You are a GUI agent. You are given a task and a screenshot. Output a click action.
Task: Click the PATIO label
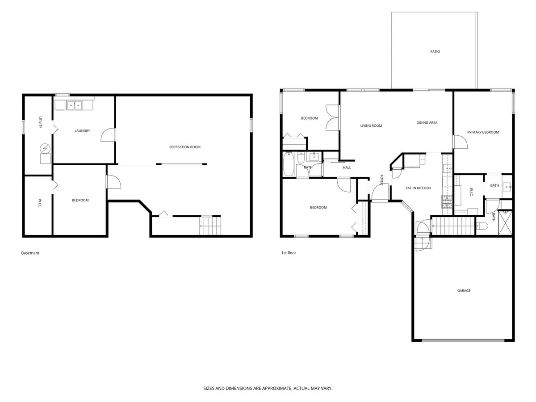tap(435, 51)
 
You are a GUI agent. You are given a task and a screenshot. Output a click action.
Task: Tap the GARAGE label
tap(464, 290)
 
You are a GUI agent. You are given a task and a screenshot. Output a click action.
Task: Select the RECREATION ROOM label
tap(185, 147)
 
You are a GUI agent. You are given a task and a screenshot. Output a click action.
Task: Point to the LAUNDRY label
tap(82, 131)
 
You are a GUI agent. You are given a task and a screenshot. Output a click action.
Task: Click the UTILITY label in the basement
tap(40, 122)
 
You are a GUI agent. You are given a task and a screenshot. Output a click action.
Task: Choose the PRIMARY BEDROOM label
tap(483, 132)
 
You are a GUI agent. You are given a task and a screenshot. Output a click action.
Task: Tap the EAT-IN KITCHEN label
tap(418, 188)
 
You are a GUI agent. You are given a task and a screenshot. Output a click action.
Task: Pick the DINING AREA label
tap(427, 122)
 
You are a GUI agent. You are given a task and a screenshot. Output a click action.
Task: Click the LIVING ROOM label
tap(371, 126)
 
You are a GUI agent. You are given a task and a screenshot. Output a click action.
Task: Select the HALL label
tap(347, 167)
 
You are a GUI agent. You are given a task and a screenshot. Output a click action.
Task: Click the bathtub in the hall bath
tap(289, 164)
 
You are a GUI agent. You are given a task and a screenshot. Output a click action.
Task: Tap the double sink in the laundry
tap(75, 105)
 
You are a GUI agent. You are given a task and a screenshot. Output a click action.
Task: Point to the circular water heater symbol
tap(45, 148)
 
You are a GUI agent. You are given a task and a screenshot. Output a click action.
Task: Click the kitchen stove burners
tap(447, 202)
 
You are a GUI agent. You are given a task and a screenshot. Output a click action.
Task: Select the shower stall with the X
tap(505, 222)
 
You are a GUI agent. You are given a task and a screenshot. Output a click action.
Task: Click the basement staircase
tap(210, 226)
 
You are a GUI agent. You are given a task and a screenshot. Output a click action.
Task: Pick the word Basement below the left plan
tap(30, 253)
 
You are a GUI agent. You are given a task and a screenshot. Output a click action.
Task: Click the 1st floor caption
tap(289, 253)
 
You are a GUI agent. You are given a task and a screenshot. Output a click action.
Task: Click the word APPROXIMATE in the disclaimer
tap(276, 388)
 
